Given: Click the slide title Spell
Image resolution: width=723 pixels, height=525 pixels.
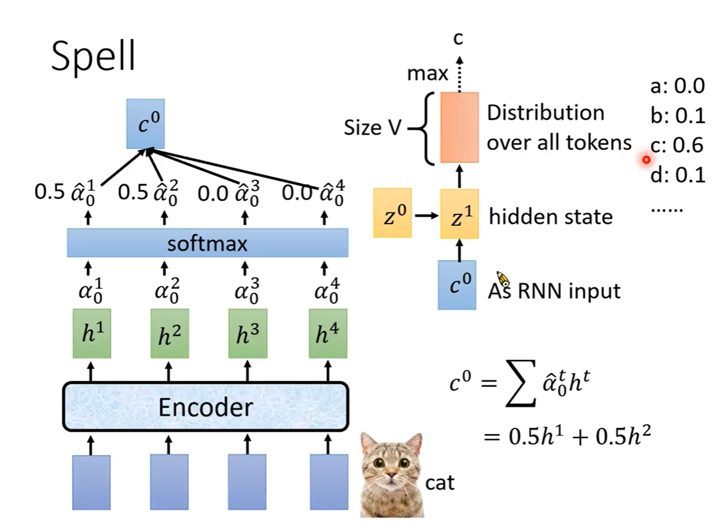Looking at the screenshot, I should pos(93,57).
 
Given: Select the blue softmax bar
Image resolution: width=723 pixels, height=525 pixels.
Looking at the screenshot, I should pos(207,243).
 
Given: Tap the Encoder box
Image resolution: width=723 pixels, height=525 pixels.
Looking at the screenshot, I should pos(206,407).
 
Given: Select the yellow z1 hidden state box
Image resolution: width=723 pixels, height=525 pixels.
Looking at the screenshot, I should pos(459,214).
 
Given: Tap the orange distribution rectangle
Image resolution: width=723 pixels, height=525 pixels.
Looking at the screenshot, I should pos(459,127).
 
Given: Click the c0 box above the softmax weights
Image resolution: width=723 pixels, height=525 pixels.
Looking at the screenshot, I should pos(146,124).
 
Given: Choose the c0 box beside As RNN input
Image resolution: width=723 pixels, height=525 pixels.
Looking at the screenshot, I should pos(457,285).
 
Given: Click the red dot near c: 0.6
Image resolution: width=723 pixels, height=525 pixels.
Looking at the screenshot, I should pos(646,160).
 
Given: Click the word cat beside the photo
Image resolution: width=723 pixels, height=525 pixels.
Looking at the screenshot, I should pos(440,482).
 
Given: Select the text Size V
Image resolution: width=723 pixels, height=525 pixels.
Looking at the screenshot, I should pos(371,127).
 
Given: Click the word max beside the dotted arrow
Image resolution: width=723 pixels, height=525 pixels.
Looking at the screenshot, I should pos(427,74).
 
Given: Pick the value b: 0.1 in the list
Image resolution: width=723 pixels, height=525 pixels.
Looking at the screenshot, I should pos(677,115).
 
